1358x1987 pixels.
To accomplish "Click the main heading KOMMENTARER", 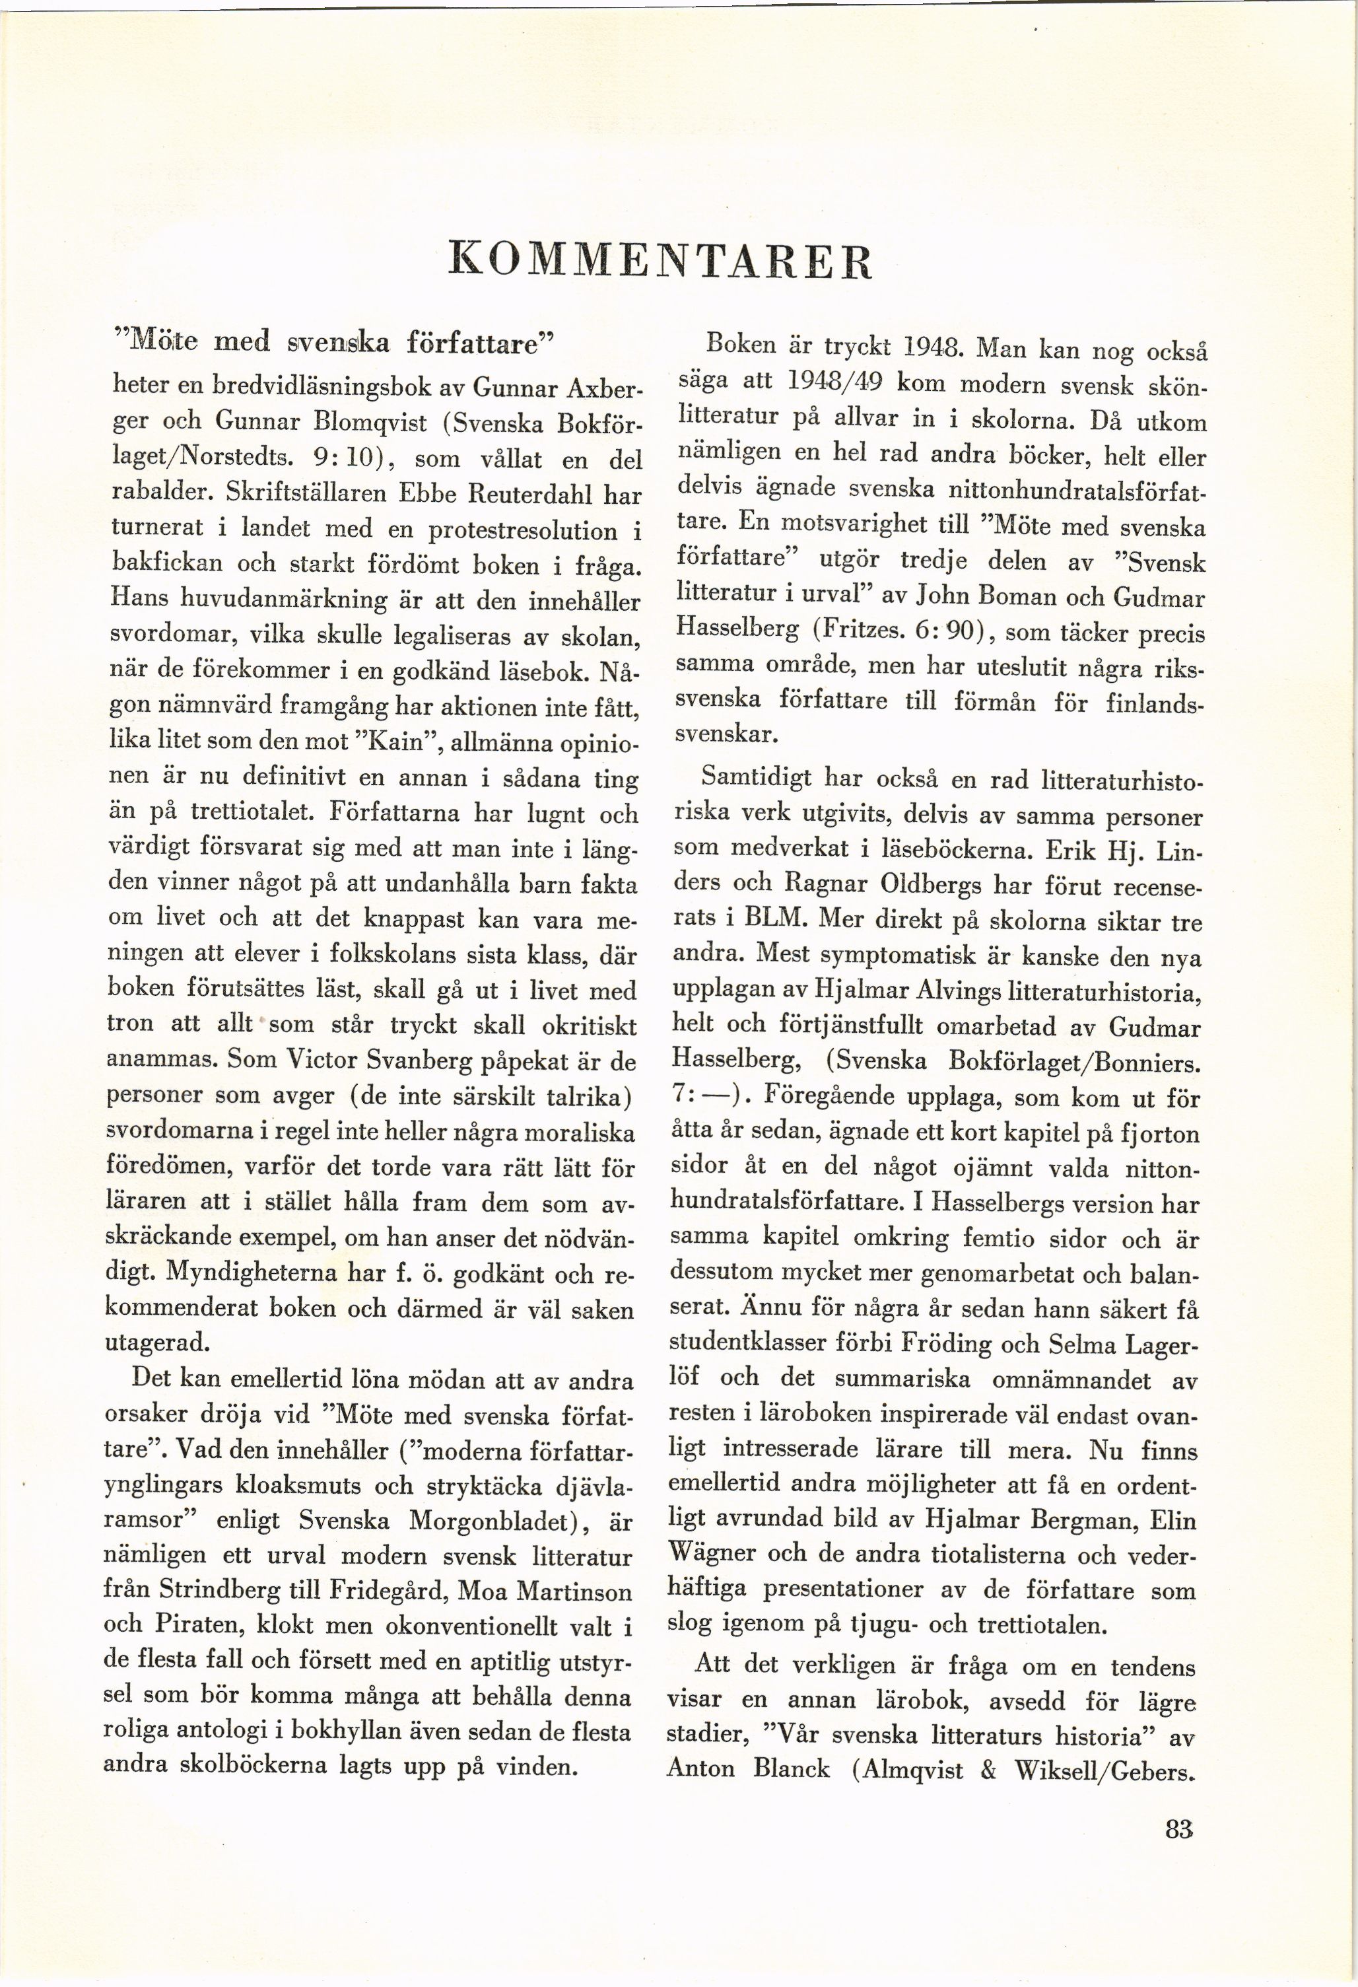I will [x=661, y=261].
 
